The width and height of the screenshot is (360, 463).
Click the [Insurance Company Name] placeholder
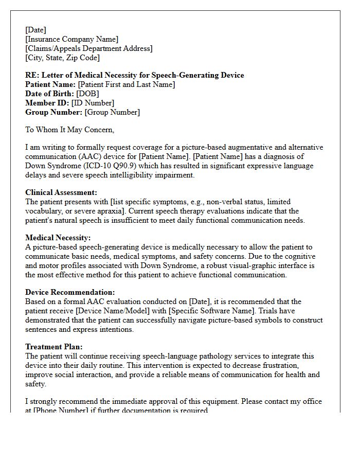pyautogui.click(x=71, y=39)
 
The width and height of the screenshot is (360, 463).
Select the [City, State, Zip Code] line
pyautogui.click(x=62, y=58)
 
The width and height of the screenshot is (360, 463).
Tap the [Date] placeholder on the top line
pyautogui.click(x=35, y=30)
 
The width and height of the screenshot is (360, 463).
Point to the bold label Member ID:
pyautogui.click(x=47, y=103)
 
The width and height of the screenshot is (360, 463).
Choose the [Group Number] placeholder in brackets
pyautogui.click(x=112, y=112)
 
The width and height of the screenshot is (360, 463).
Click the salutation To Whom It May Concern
pyautogui.click(x=69, y=130)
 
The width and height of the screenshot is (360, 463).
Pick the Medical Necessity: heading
pyautogui.click(x=58, y=238)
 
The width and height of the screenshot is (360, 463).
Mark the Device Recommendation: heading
pyautogui.click(x=70, y=292)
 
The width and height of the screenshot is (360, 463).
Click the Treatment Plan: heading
pyautogui.click(x=53, y=347)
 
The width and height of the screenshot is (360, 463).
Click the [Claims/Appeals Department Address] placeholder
pyautogui.click(x=88, y=48)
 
